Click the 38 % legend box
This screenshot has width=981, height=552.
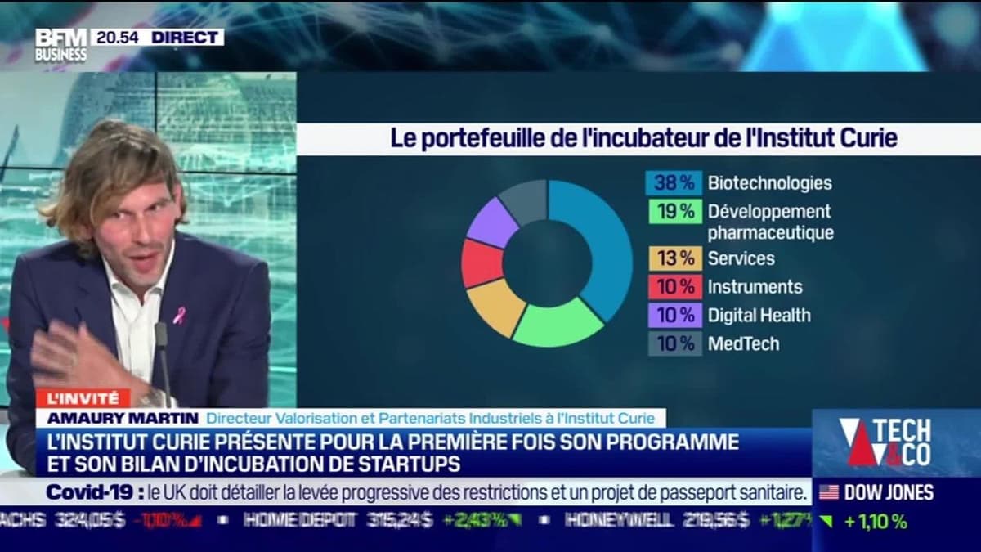[x=674, y=183]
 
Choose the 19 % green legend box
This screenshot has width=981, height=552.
[x=674, y=211]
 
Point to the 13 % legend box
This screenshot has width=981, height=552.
[x=674, y=258]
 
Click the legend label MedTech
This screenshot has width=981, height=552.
[x=743, y=343]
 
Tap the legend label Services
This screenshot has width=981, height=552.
[x=741, y=258]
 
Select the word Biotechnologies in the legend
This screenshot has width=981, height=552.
[x=769, y=183]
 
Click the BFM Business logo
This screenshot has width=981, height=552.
[x=60, y=45]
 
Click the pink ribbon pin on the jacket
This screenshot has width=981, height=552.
[x=179, y=315]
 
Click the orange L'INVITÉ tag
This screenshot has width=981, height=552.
[x=83, y=398]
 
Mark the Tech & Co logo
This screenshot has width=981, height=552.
[x=886, y=442]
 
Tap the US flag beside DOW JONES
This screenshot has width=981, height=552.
[x=829, y=492]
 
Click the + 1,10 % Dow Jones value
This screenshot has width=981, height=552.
[x=876, y=522]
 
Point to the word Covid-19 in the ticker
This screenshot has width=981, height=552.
[x=90, y=492]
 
